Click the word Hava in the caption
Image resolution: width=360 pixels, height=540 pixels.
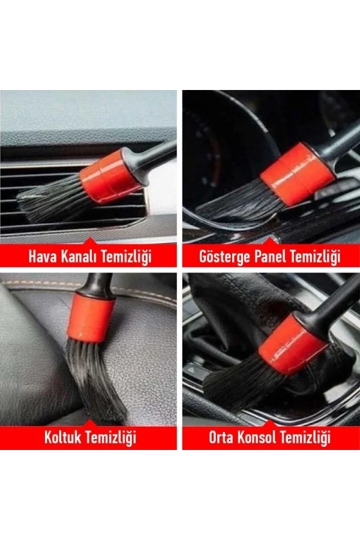(x=41, y=257)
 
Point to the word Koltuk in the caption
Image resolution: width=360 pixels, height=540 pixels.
(x=62, y=437)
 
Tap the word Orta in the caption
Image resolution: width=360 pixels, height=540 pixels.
(x=221, y=437)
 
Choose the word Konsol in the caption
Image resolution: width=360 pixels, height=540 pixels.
(x=257, y=437)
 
